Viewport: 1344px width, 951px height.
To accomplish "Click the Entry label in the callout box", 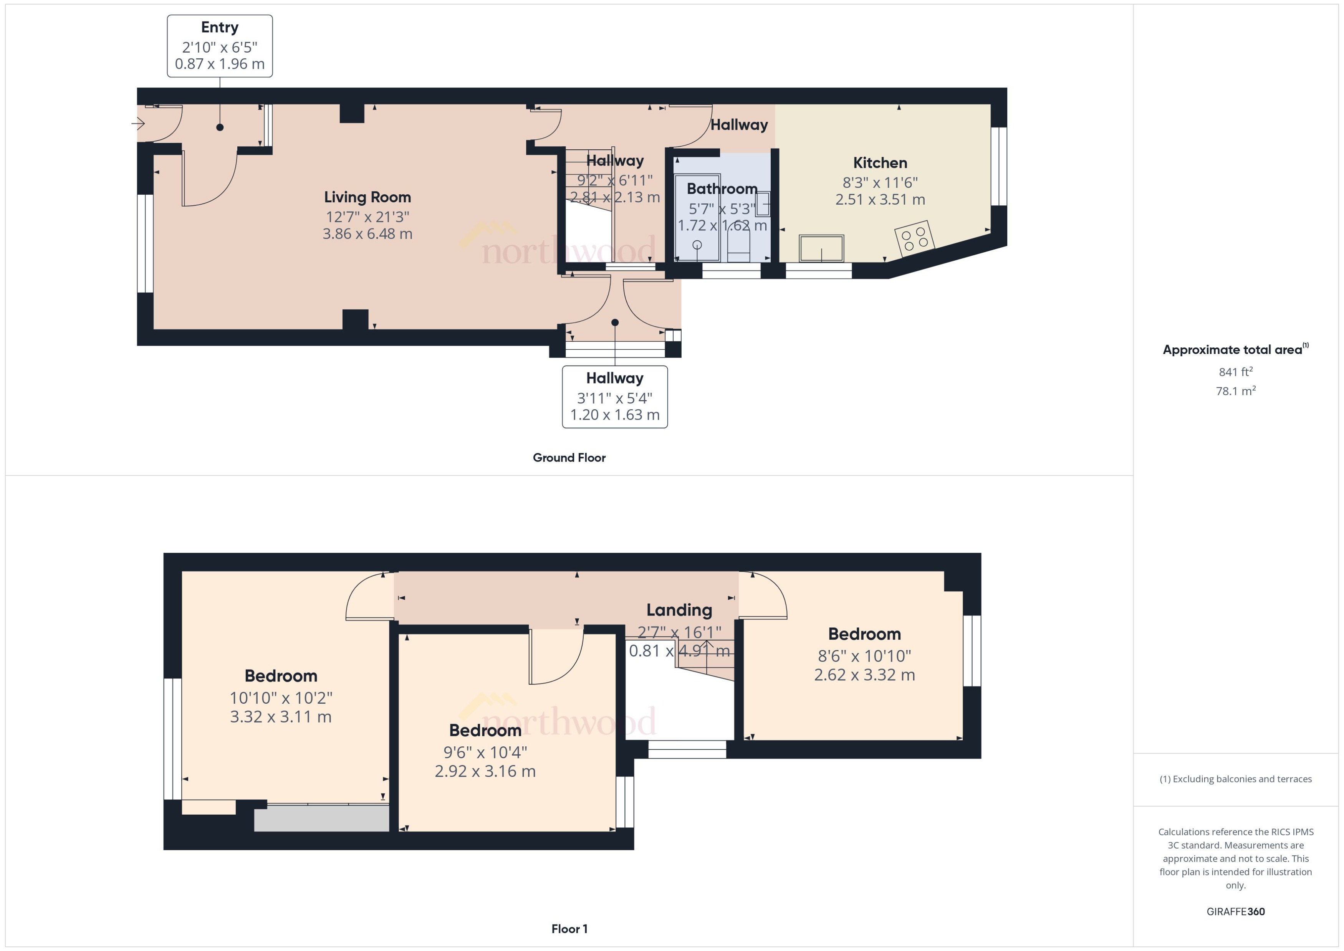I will [x=220, y=28].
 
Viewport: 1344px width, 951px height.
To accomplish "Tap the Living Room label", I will [x=367, y=197].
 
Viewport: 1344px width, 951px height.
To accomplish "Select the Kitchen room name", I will [x=880, y=163].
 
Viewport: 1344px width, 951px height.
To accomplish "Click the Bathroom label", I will [x=722, y=189].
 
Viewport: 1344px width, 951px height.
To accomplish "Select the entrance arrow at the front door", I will [x=138, y=123].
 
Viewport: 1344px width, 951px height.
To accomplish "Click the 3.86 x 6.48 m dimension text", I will [x=367, y=234].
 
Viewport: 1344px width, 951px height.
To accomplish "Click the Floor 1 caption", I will [x=569, y=929].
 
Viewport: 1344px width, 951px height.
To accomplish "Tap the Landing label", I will [x=679, y=610].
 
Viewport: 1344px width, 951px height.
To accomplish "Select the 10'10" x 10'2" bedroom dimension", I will [x=281, y=698].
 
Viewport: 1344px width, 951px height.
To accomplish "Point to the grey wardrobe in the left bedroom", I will [x=321, y=819].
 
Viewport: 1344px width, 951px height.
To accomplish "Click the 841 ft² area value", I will [x=1235, y=372].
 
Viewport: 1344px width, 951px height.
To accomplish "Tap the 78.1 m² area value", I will [x=1235, y=390].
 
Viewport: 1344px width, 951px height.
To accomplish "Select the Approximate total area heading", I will [x=1232, y=350].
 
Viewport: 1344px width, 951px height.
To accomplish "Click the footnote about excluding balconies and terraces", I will [x=1235, y=779].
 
